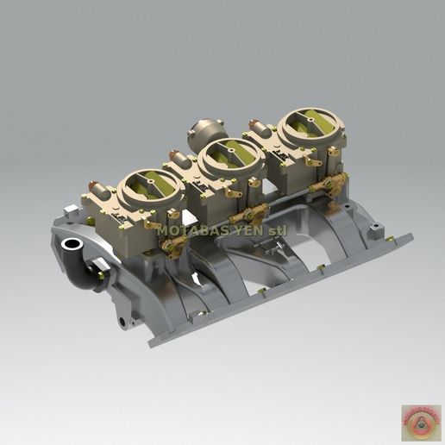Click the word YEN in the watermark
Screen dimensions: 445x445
[241, 230]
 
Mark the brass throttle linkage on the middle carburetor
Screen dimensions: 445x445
[253, 216]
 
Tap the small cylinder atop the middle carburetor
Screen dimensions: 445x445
[180, 159]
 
